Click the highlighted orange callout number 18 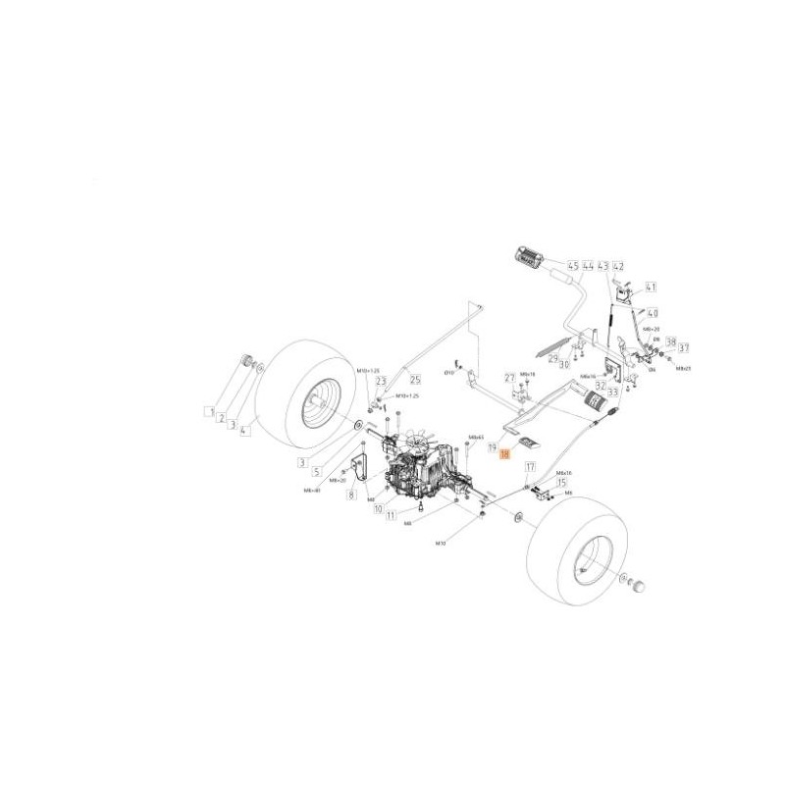click(x=505, y=454)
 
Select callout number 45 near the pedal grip click(x=572, y=265)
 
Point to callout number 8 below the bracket click(x=350, y=497)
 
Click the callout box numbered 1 click(x=209, y=412)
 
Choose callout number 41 click(x=651, y=288)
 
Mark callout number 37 click(x=684, y=347)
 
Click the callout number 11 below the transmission click(x=391, y=515)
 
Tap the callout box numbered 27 click(x=509, y=378)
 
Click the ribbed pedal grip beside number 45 click(x=530, y=259)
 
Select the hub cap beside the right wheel click(x=641, y=586)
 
